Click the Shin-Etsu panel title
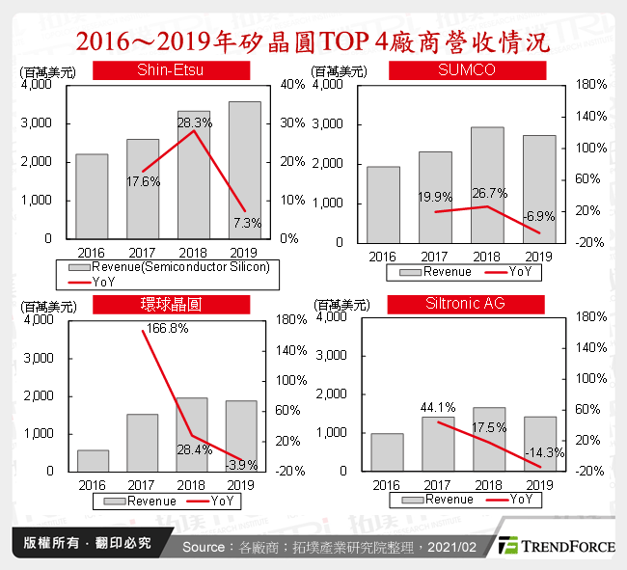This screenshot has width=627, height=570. coord(171,69)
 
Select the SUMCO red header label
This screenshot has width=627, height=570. coord(467,70)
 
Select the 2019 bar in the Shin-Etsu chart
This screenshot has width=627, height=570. coord(244,170)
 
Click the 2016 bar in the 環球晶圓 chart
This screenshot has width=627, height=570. coord(93,460)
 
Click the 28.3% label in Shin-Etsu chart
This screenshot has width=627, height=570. coord(194,122)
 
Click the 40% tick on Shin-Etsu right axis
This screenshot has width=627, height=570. coord(291,85)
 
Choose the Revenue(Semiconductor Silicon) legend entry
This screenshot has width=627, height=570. coord(170,267)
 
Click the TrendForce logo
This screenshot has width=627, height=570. coord(556,546)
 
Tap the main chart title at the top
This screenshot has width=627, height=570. coord(313,41)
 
